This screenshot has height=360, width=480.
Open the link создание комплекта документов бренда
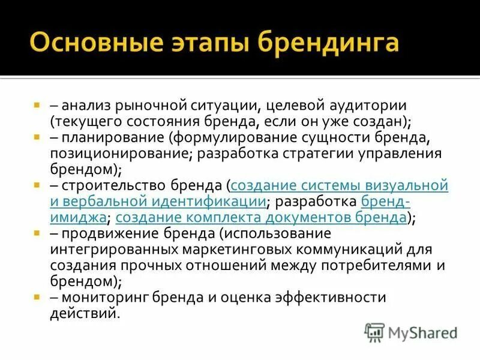coord(261,217)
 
